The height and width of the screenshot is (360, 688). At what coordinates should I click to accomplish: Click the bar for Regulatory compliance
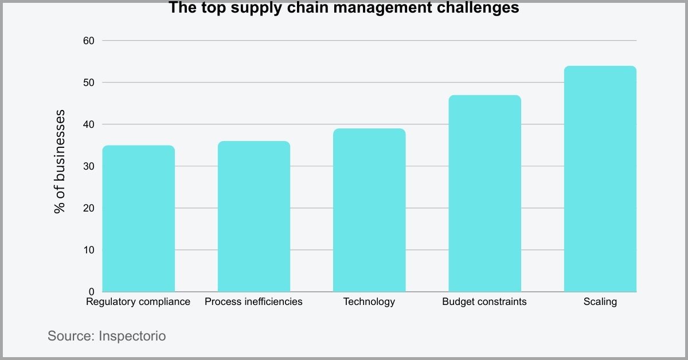click(138, 218)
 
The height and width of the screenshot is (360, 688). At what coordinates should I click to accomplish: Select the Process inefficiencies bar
click(253, 216)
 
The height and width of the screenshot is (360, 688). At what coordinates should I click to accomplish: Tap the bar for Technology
click(369, 210)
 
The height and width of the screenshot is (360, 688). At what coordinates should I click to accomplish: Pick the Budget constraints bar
click(484, 193)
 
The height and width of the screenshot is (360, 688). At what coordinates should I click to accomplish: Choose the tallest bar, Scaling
click(600, 179)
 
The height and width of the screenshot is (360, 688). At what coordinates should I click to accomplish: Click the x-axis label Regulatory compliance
click(138, 302)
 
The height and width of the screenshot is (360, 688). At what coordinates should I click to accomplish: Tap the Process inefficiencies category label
click(253, 302)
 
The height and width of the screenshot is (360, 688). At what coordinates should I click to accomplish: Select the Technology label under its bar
click(369, 302)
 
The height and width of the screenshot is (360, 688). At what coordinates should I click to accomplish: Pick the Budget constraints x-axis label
click(484, 302)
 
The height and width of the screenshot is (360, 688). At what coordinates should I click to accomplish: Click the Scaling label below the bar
click(600, 302)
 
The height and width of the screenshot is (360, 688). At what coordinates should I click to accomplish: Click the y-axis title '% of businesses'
click(60, 161)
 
